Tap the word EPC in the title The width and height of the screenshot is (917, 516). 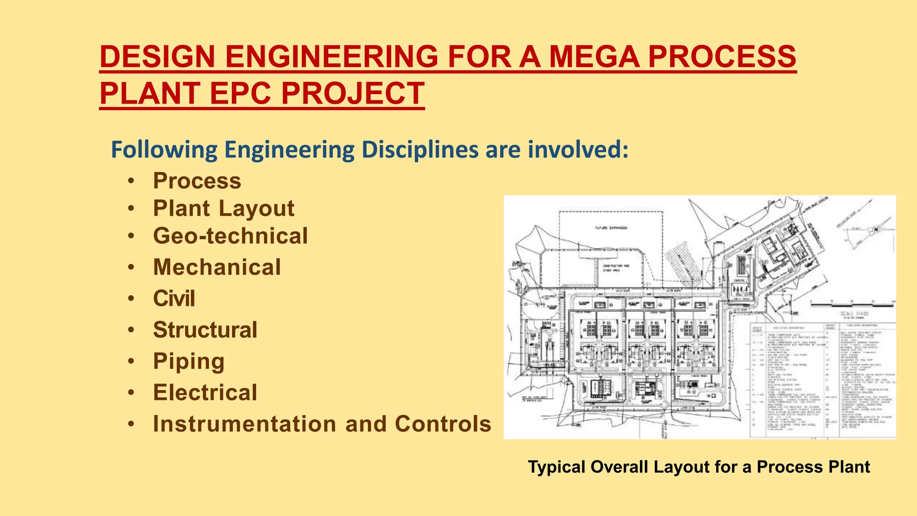coord(240,94)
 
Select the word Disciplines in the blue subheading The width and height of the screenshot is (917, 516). coord(420,150)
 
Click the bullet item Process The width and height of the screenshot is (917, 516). coord(197,181)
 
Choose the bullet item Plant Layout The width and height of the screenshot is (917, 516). coord(223,208)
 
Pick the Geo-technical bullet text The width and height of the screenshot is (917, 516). coord(230,236)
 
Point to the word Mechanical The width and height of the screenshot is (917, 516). coord(217,267)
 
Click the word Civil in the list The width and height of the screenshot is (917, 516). coord(174,299)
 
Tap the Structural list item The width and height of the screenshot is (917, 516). coord(205,330)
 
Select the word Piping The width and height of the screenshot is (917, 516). coord(189,361)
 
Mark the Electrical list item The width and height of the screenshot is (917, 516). coord(205,393)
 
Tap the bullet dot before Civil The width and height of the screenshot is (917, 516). coord(131,299)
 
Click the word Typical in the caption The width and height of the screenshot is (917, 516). coord(557,467)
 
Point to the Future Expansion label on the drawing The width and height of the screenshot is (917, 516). coord(611,228)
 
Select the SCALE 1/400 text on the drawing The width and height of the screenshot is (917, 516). coord(854,314)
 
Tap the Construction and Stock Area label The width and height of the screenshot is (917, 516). coord(616,268)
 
